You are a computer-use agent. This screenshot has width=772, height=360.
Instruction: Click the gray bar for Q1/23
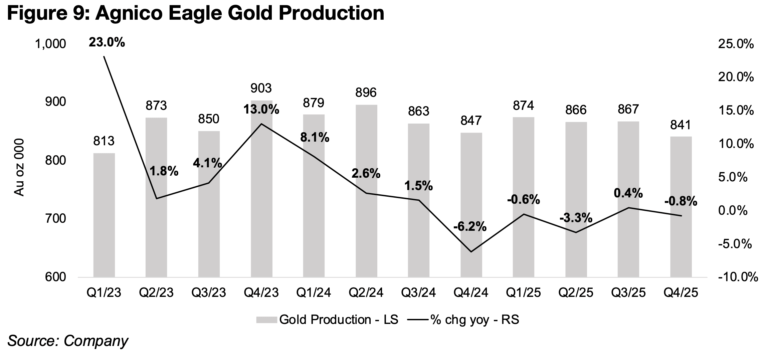click(104, 215)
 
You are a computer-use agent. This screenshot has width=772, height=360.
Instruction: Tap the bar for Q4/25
click(681, 207)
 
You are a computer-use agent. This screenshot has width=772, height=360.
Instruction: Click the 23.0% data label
click(107, 42)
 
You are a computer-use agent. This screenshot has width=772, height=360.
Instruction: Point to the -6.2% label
click(470, 227)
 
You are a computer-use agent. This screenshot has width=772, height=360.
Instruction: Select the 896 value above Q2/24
click(366, 93)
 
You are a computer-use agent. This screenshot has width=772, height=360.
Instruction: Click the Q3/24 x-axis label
click(418, 293)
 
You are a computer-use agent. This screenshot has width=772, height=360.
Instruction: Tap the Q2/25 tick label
click(576, 293)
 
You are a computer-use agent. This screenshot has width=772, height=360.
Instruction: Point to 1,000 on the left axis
click(50, 44)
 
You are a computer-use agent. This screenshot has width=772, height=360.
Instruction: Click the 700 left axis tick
click(55, 219)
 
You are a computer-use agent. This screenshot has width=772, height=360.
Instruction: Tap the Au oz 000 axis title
click(19, 167)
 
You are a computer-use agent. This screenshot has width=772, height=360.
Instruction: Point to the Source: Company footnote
click(68, 341)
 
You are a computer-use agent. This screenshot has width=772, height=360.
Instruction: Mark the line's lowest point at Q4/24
click(471, 251)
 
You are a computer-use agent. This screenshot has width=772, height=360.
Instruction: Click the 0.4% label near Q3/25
click(628, 193)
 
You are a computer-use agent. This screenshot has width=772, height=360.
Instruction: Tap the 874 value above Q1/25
click(523, 106)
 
